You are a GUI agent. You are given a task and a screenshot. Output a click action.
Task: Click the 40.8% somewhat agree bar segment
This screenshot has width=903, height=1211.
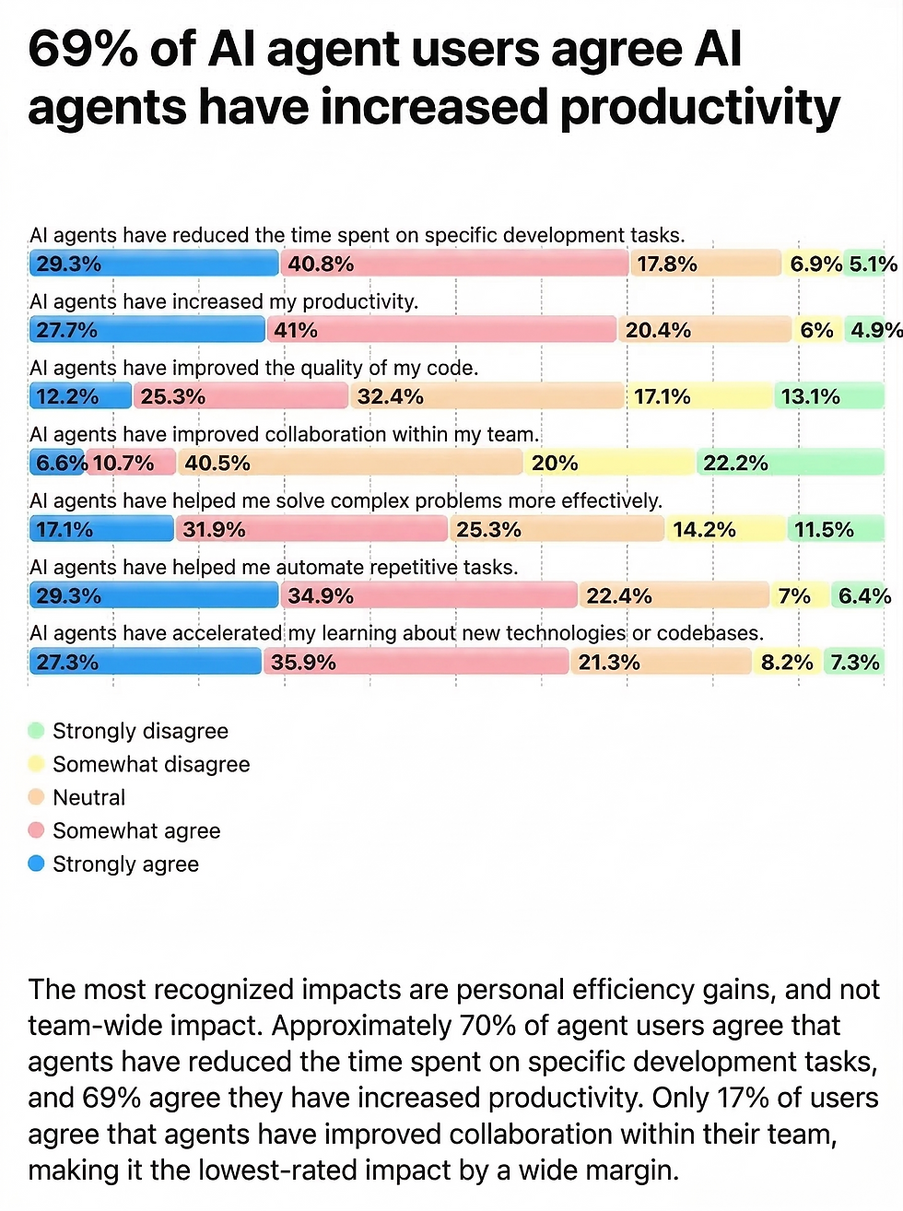454,264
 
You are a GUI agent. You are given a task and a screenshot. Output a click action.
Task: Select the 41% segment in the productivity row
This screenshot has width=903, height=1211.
441,330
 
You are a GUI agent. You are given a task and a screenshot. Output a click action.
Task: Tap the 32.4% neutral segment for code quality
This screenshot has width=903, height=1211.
487,396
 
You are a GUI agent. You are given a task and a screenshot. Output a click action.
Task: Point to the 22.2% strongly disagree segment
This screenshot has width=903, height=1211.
790,463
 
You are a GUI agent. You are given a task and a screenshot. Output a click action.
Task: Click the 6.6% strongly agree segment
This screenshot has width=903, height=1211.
59,463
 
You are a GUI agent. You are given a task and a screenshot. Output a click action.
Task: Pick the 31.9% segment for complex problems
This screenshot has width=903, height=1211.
311,529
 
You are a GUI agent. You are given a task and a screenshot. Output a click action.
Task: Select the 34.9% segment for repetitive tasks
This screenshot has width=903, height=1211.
428,595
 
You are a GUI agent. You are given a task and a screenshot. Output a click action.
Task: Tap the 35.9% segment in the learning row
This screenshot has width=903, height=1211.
416,662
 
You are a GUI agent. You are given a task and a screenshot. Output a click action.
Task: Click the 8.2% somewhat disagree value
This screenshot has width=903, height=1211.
786,662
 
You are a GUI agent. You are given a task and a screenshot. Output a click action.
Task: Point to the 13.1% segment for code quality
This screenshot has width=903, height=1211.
828,396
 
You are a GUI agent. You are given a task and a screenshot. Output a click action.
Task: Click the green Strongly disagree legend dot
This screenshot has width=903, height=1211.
36,731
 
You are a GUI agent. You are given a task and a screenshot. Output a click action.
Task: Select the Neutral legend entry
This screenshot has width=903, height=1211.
88,797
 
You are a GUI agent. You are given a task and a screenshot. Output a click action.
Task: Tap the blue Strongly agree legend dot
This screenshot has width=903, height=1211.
36,864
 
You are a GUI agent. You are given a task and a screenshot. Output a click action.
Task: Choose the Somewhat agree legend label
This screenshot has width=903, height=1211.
136,830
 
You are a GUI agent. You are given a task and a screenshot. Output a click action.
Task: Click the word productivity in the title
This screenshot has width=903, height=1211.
700,108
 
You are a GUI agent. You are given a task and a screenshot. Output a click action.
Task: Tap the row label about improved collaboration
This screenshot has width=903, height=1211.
284,434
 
